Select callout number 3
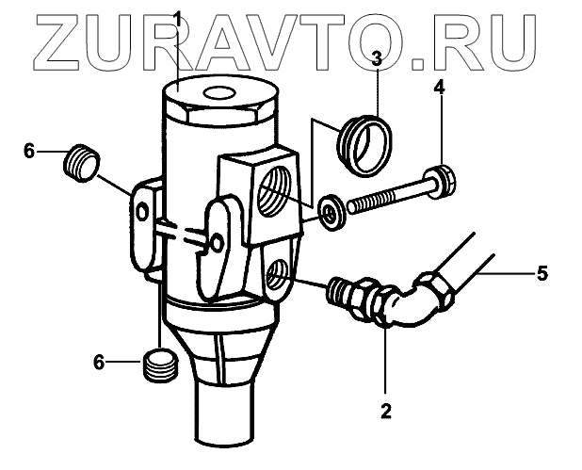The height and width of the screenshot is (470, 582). tap(375, 59)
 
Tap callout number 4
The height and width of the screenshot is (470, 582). tap(438, 89)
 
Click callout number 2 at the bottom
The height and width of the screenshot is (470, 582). tap(385, 410)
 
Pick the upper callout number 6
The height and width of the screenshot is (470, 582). tap(28, 150)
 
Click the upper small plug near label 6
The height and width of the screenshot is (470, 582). tap(80, 163)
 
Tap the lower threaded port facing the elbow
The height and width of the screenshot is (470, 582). tap(276, 276)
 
